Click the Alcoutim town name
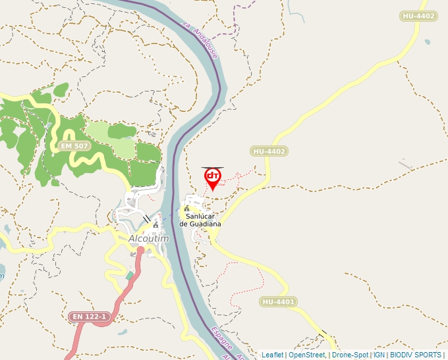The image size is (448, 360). (149, 238)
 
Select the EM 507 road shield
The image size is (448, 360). (74, 145)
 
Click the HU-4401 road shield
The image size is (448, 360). (279, 302)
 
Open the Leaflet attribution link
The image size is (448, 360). (272, 355)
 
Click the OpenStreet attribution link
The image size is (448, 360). (307, 355)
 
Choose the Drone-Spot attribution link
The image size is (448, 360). (350, 355)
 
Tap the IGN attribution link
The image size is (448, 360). (379, 355)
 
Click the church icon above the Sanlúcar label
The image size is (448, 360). (186, 209)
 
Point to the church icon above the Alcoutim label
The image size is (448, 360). (155, 225)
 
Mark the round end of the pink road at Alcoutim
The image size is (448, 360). (140, 249)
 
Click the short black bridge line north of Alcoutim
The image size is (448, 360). (146, 219)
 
